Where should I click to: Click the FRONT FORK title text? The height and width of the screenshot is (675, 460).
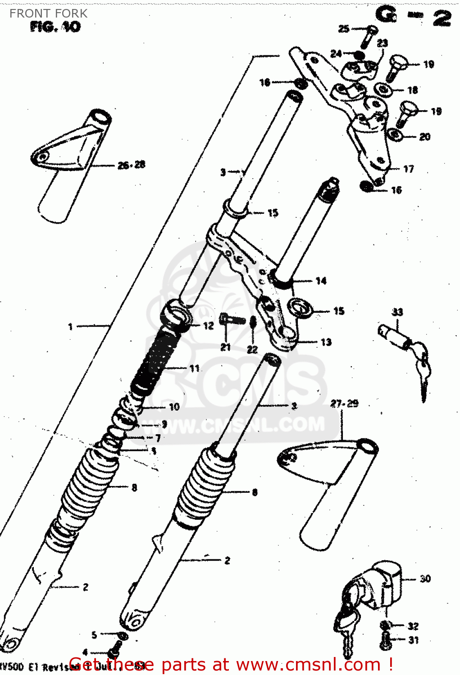pos(48,13)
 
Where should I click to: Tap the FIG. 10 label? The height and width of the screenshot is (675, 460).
pos(55,27)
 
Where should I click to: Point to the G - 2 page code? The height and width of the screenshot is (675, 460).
pos(413,17)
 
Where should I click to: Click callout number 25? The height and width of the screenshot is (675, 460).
pos(344,29)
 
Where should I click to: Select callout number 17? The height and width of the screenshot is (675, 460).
pos(408,169)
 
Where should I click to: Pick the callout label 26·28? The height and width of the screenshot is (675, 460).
pos(132,165)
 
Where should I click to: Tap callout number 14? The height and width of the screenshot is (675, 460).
pos(321,281)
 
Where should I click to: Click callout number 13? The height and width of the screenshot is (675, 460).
pos(326,342)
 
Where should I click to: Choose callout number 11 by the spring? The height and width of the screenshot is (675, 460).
pos(194,369)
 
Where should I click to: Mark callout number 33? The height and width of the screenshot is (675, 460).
pos(397,312)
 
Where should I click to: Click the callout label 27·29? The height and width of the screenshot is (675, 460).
pos(344,404)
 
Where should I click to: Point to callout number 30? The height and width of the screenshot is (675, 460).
pos(425,579)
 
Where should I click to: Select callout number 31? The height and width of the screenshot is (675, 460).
pos(413,640)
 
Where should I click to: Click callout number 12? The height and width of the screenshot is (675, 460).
pos(208,326)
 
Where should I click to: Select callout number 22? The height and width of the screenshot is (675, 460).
pos(252,349)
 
